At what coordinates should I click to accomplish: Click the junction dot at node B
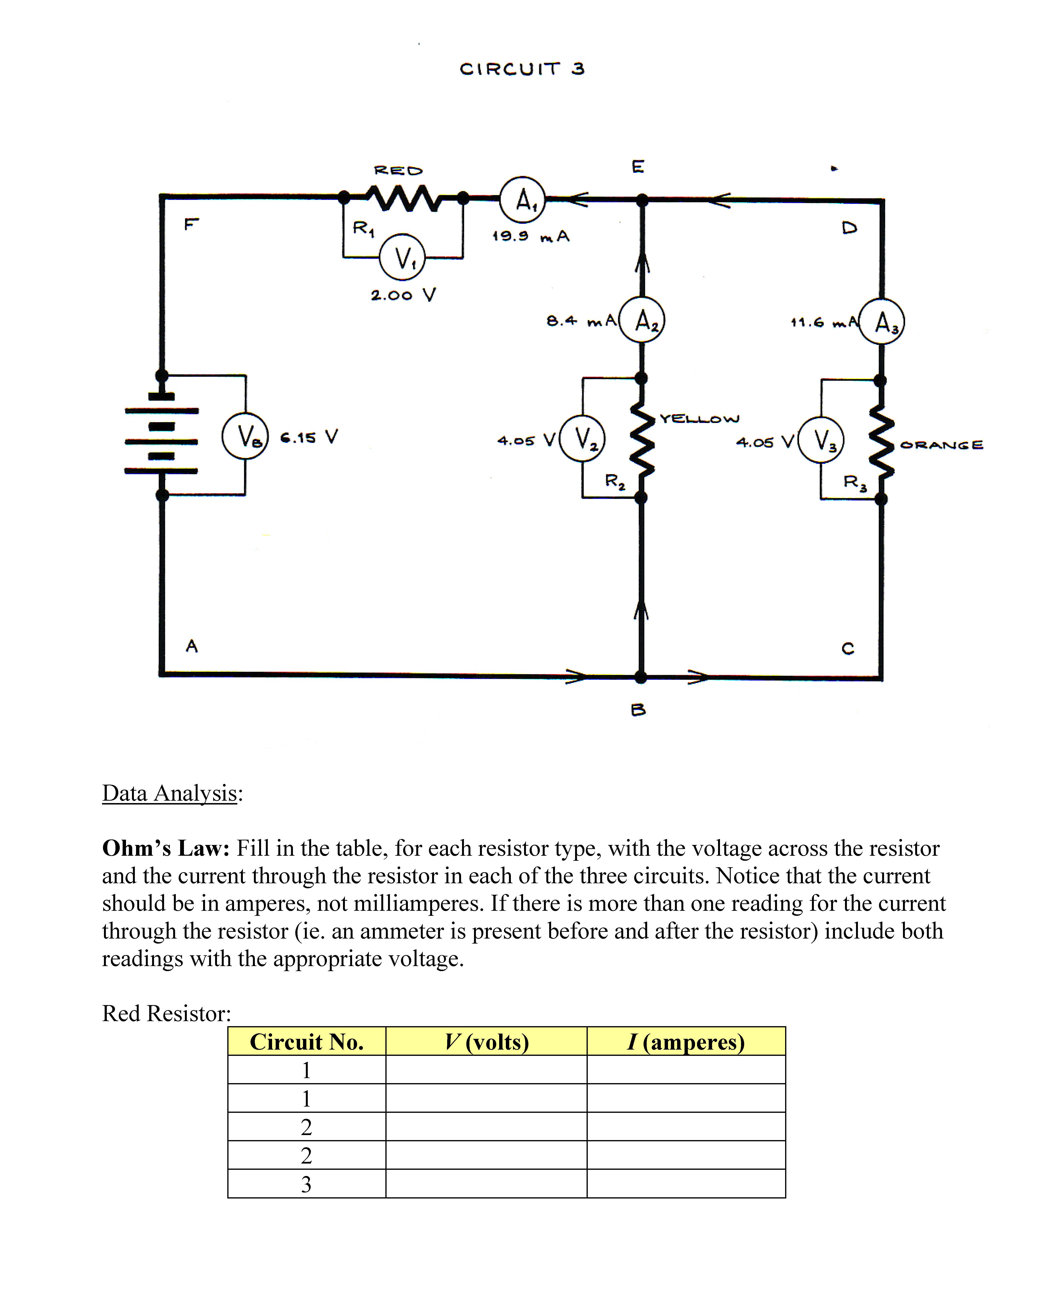(641, 677)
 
